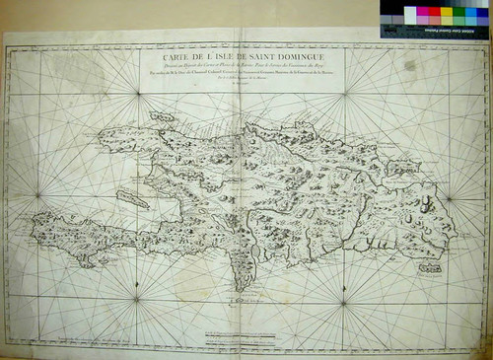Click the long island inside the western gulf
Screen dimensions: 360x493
(x=132, y=198)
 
